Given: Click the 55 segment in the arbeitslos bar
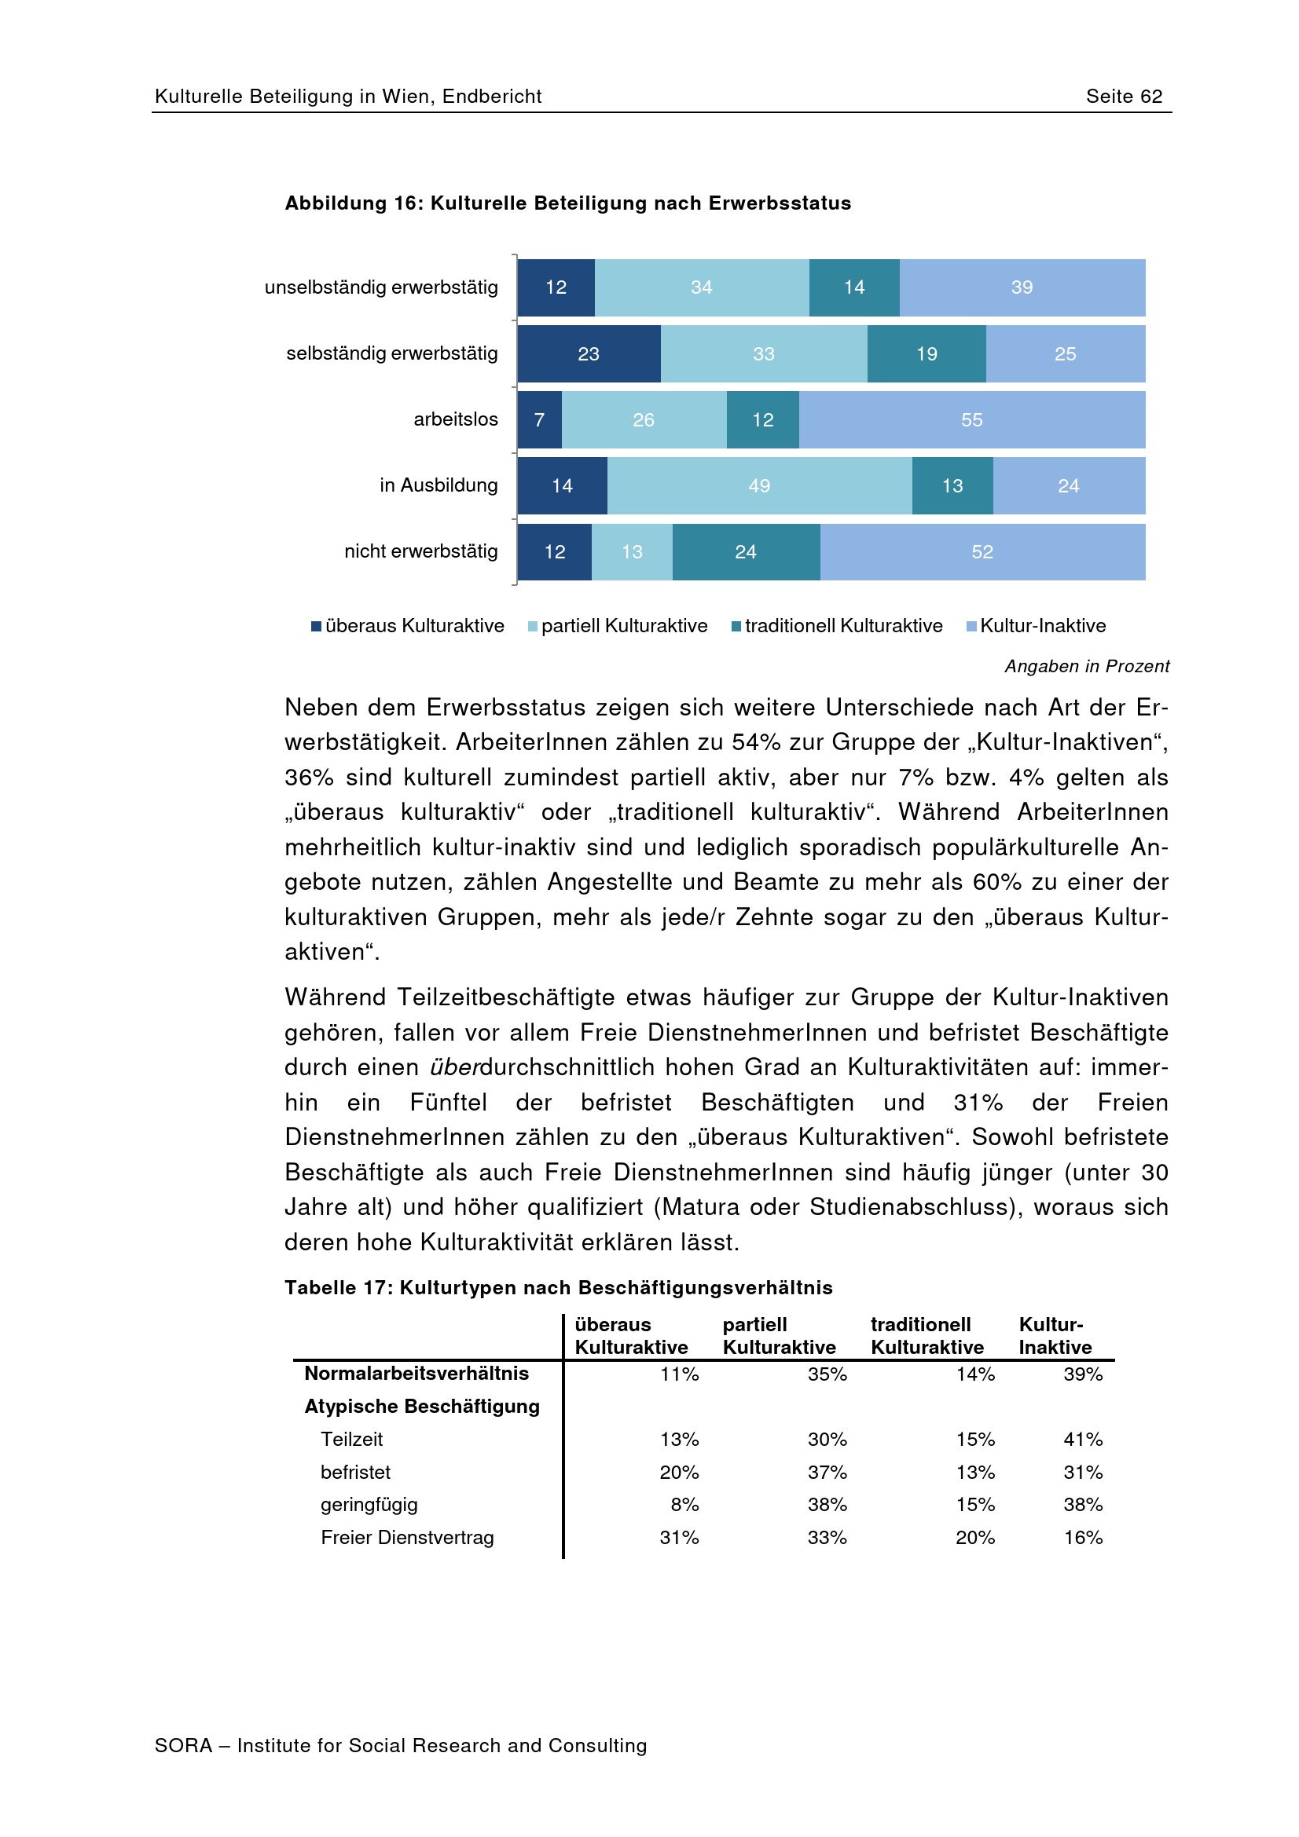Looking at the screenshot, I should click(x=971, y=419).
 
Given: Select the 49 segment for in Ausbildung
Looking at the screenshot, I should click(x=759, y=485).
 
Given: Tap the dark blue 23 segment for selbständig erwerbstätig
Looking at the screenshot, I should click(x=589, y=353).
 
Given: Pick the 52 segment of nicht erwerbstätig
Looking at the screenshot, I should click(x=982, y=551).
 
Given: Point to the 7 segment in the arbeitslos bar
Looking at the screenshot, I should click(x=539, y=419).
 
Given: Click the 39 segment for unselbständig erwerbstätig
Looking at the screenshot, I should click(x=1022, y=287).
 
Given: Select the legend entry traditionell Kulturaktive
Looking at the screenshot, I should click(x=836, y=626).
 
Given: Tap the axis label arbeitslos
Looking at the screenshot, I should click(x=456, y=419).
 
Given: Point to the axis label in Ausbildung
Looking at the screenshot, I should click(x=439, y=485).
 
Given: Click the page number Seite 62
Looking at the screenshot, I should click(x=1124, y=96).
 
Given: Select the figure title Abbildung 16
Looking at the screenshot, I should click(x=567, y=203).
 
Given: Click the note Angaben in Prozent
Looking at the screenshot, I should click(x=1086, y=666).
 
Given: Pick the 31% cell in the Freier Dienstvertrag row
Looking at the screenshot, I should click(x=679, y=1537).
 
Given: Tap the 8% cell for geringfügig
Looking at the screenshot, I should click(x=684, y=1504).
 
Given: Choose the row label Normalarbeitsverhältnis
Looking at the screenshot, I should click(x=416, y=1373).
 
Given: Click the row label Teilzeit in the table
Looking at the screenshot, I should click(x=351, y=1439).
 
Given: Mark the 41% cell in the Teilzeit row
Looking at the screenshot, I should click(x=1082, y=1439).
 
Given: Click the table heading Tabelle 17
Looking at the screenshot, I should click(x=558, y=1287).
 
